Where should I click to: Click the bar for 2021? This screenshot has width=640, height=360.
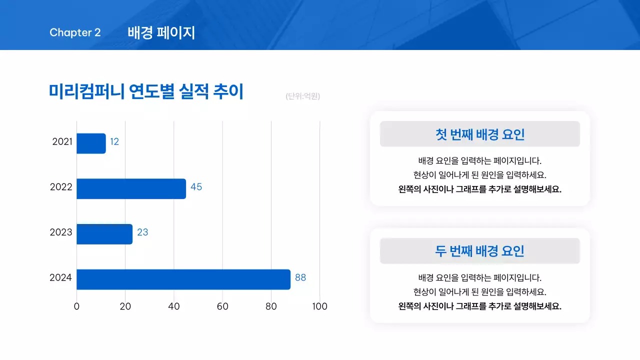click(91, 143)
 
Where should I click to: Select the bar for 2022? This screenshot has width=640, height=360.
click(131, 189)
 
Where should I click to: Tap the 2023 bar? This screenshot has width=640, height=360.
click(104, 234)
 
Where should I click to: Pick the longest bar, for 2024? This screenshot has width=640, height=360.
click(183, 279)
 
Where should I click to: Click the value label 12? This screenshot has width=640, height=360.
click(114, 142)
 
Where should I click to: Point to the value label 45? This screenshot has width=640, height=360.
click(196, 187)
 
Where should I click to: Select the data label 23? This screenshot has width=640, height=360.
click(142, 232)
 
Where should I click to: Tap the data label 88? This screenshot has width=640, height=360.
click(300, 277)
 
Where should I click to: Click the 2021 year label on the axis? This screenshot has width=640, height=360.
click(62, 142)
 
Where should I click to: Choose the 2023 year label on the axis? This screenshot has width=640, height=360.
click(61, 232)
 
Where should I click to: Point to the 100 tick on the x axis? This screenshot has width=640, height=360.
click(319, 306)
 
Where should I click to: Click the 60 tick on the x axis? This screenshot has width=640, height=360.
click(222, 306)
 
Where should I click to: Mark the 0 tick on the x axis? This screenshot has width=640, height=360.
click(76, 306)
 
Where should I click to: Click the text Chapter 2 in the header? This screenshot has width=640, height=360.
click(75, 32)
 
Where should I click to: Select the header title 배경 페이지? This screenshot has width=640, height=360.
click(161, 33)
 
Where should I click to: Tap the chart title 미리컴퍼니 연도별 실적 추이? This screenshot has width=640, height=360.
click(146, 91)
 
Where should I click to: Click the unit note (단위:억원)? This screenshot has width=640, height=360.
click(303, 96)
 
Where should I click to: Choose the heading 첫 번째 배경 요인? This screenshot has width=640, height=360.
click(479, 134)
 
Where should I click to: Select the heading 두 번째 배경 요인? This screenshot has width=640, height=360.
click(479, 251)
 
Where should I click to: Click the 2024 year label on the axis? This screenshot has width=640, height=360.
click(61, 277)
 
